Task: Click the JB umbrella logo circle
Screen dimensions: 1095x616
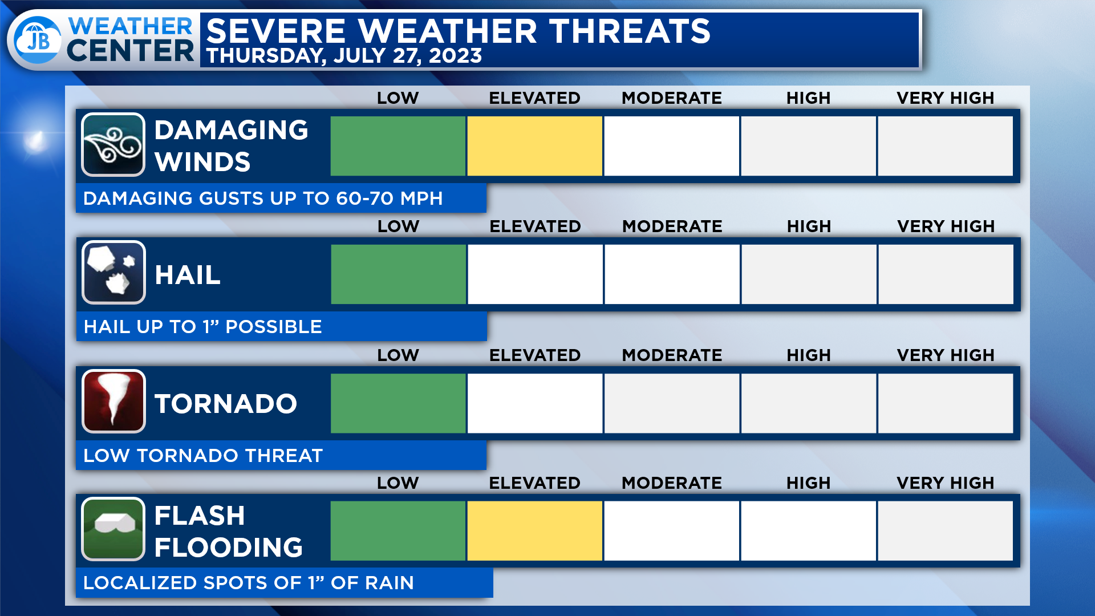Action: click(x=38, y=39)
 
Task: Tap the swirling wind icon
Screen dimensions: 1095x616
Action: click(x=113, y=145)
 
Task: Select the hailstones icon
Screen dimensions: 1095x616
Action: click(x=113, y=273)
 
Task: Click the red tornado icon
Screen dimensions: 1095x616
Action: click(x=113, y=402)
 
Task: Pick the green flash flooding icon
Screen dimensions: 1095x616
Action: click(x=113, y=529)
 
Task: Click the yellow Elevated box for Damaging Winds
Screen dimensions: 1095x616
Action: click(x=534, y=146)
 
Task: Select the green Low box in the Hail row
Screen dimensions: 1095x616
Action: click(x=398, y=274)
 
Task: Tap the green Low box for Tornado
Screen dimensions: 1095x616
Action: click(x=398, y=403)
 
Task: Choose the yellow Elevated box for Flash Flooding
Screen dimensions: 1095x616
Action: click(x=534, y=531)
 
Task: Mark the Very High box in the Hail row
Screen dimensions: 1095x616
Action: click(x=946, y=274)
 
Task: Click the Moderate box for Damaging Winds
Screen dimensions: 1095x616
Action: click(x=671, y=146)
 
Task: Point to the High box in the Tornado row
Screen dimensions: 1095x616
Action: click(x=808, y=403)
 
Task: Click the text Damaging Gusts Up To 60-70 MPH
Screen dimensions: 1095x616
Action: click(x=263, y=198)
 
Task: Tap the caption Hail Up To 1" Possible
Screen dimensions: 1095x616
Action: click(x=202, y=327)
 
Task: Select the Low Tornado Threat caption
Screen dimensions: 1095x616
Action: click(x=203, y=456)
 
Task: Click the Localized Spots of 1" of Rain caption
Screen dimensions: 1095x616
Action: click(x=249, y=583)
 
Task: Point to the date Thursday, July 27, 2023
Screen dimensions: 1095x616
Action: click(x=344, y=56)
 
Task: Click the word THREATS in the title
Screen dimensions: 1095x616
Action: click(x=630, y=31)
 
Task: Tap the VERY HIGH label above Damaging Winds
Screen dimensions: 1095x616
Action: click(x=945, y=98)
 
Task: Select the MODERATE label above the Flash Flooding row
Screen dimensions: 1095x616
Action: click(x=671, y=483)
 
